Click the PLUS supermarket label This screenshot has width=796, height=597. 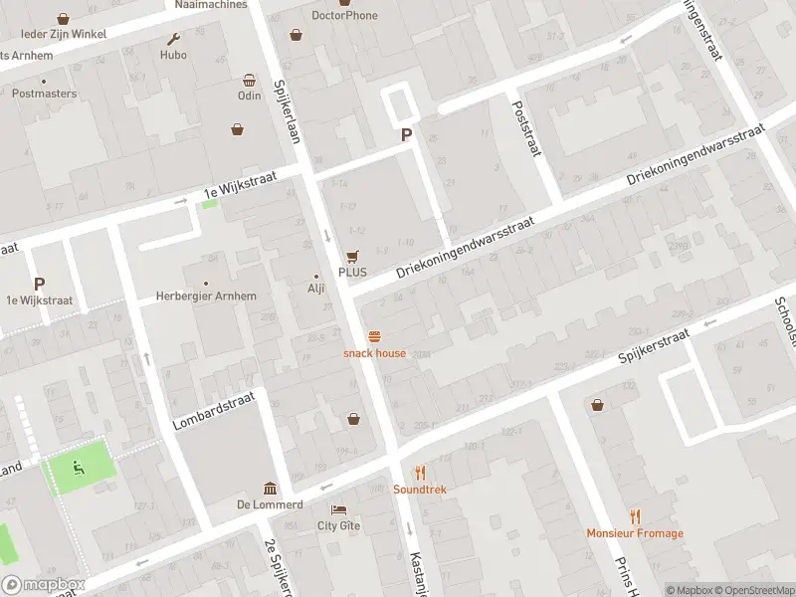click(x=352, y=272)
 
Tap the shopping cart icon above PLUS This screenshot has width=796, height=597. click(x=352, y=256)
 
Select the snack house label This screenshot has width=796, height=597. click(x=374, y=353)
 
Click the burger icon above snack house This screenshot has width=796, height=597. click(x=375, y=336)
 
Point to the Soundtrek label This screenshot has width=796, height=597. click(x=420, y=490)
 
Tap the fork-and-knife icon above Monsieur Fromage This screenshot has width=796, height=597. click(x=635, y=516)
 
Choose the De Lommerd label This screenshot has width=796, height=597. click(x=270, y=504)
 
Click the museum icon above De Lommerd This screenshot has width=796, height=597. click(x=270, y=488)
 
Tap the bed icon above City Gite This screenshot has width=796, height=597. click(x=338, y=509)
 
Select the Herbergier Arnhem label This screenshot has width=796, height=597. click(x=206, y=297)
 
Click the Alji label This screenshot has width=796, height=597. click(x=316, y=289)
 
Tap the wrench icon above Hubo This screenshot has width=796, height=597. click(x=173, y=40)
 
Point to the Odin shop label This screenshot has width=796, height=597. click(x=249, y=96)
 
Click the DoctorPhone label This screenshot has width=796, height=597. click(x=344, y=15)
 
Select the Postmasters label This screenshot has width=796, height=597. click(x=44, y=94)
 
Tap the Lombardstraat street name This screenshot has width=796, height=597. click(x=214, y=411)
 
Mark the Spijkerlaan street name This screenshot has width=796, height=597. click(x=288, y=111)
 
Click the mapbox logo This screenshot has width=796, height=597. click(x=43, y=585)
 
